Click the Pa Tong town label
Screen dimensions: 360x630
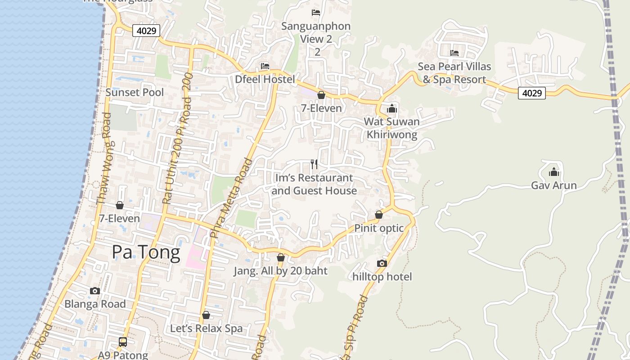pos(146,252)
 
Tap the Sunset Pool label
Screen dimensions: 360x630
pos(135,92)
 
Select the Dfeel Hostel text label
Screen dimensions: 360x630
pos(265,80)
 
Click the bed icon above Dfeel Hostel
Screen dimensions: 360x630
pos(265,66)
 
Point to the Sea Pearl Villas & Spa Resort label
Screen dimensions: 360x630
pos(454,73)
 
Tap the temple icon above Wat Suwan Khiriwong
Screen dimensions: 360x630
pos(392,108)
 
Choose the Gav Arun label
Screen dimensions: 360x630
pos(553,185)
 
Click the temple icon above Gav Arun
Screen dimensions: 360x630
pos(553,172)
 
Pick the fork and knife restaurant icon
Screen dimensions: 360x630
pos(314,164)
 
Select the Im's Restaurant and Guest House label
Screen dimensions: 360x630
pos(314,184)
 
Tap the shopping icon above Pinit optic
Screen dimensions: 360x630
pos(379,215)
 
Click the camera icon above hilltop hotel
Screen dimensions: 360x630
pos(382,263)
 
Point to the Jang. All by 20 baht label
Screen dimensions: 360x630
pos(280,271)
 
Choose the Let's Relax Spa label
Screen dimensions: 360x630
pos(206,328)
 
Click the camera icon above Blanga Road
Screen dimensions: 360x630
pos(95,291)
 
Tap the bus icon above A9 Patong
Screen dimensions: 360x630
pos(123,342)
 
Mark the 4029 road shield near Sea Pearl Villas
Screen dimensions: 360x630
pos(531,93)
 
